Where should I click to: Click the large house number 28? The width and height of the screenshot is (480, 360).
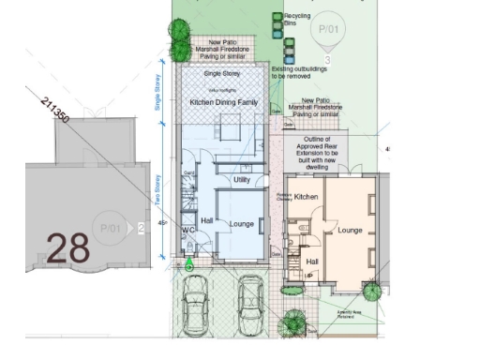click(x=67, y=247)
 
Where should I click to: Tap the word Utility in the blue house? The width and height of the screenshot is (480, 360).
click(x=242, y=179)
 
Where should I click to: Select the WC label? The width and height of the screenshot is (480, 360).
click(x=188, y=230)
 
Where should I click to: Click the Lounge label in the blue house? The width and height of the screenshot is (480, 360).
click(x=242, y=224)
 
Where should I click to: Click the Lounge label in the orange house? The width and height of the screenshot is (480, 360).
click(x=350, y=230)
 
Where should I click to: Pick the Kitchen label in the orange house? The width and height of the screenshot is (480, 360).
click(x=307, y=198)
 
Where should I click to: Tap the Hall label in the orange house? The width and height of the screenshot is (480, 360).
click(x=313, y=262)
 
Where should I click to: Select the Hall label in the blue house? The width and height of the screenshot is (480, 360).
click(x=207, y=220)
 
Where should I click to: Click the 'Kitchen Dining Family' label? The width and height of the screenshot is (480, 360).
click(x=221, y=99)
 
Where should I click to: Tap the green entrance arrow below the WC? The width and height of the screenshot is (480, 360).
click(x=189, y=264)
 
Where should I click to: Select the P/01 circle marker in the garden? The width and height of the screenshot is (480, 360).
click(x=327, y=30)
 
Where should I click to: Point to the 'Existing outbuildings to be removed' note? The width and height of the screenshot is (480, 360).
click(x=292, y=72)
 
